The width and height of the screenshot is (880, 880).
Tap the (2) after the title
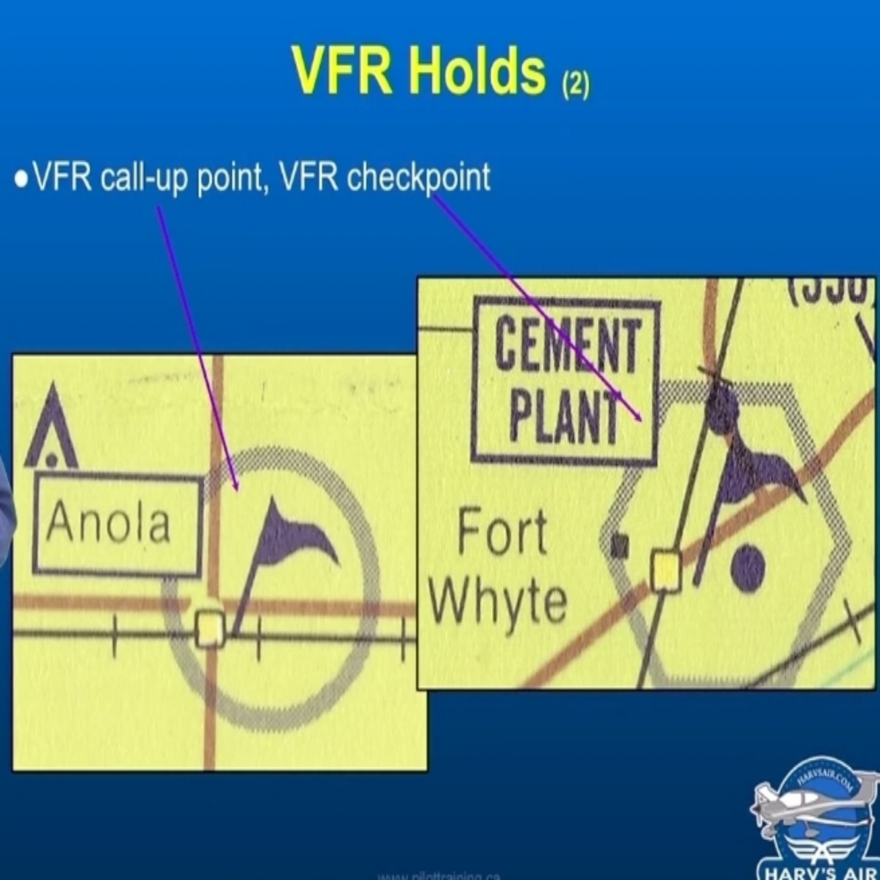point(575,84)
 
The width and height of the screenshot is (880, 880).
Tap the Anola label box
point(117,524)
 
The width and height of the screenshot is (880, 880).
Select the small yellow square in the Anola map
point(210,629)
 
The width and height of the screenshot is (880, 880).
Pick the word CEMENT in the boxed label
point(567,343)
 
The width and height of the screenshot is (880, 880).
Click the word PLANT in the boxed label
point(565,417)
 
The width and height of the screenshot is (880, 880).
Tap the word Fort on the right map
point(503,532)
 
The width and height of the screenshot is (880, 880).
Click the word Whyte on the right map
point(498,601)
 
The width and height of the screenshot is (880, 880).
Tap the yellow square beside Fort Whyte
point(666,571)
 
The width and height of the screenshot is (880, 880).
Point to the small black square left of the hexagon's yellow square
point(619,546)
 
